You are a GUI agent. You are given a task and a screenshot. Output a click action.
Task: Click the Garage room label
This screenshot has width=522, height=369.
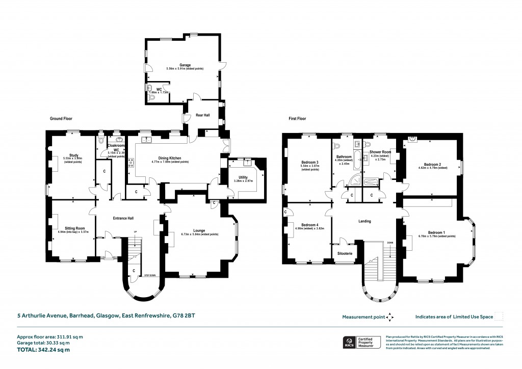177,65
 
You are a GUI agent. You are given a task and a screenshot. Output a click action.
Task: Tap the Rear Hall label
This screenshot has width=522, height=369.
203,116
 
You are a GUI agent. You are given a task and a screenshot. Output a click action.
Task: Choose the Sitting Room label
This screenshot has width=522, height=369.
74,228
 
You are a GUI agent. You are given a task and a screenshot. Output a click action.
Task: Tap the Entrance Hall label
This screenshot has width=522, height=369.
122,219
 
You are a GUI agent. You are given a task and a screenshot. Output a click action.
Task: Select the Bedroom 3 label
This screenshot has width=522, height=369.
310,163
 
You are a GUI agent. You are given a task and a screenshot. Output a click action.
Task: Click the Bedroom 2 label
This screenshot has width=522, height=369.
432,164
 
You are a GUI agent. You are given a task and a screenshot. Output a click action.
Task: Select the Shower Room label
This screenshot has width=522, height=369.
380,152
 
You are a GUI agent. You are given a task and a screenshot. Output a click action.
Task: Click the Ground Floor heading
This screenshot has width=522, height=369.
61,118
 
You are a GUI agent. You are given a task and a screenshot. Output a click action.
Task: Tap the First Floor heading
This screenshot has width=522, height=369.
299,118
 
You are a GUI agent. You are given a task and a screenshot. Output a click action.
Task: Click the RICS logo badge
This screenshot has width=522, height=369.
350,343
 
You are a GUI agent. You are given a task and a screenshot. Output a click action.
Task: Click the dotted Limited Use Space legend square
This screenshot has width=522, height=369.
499,317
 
